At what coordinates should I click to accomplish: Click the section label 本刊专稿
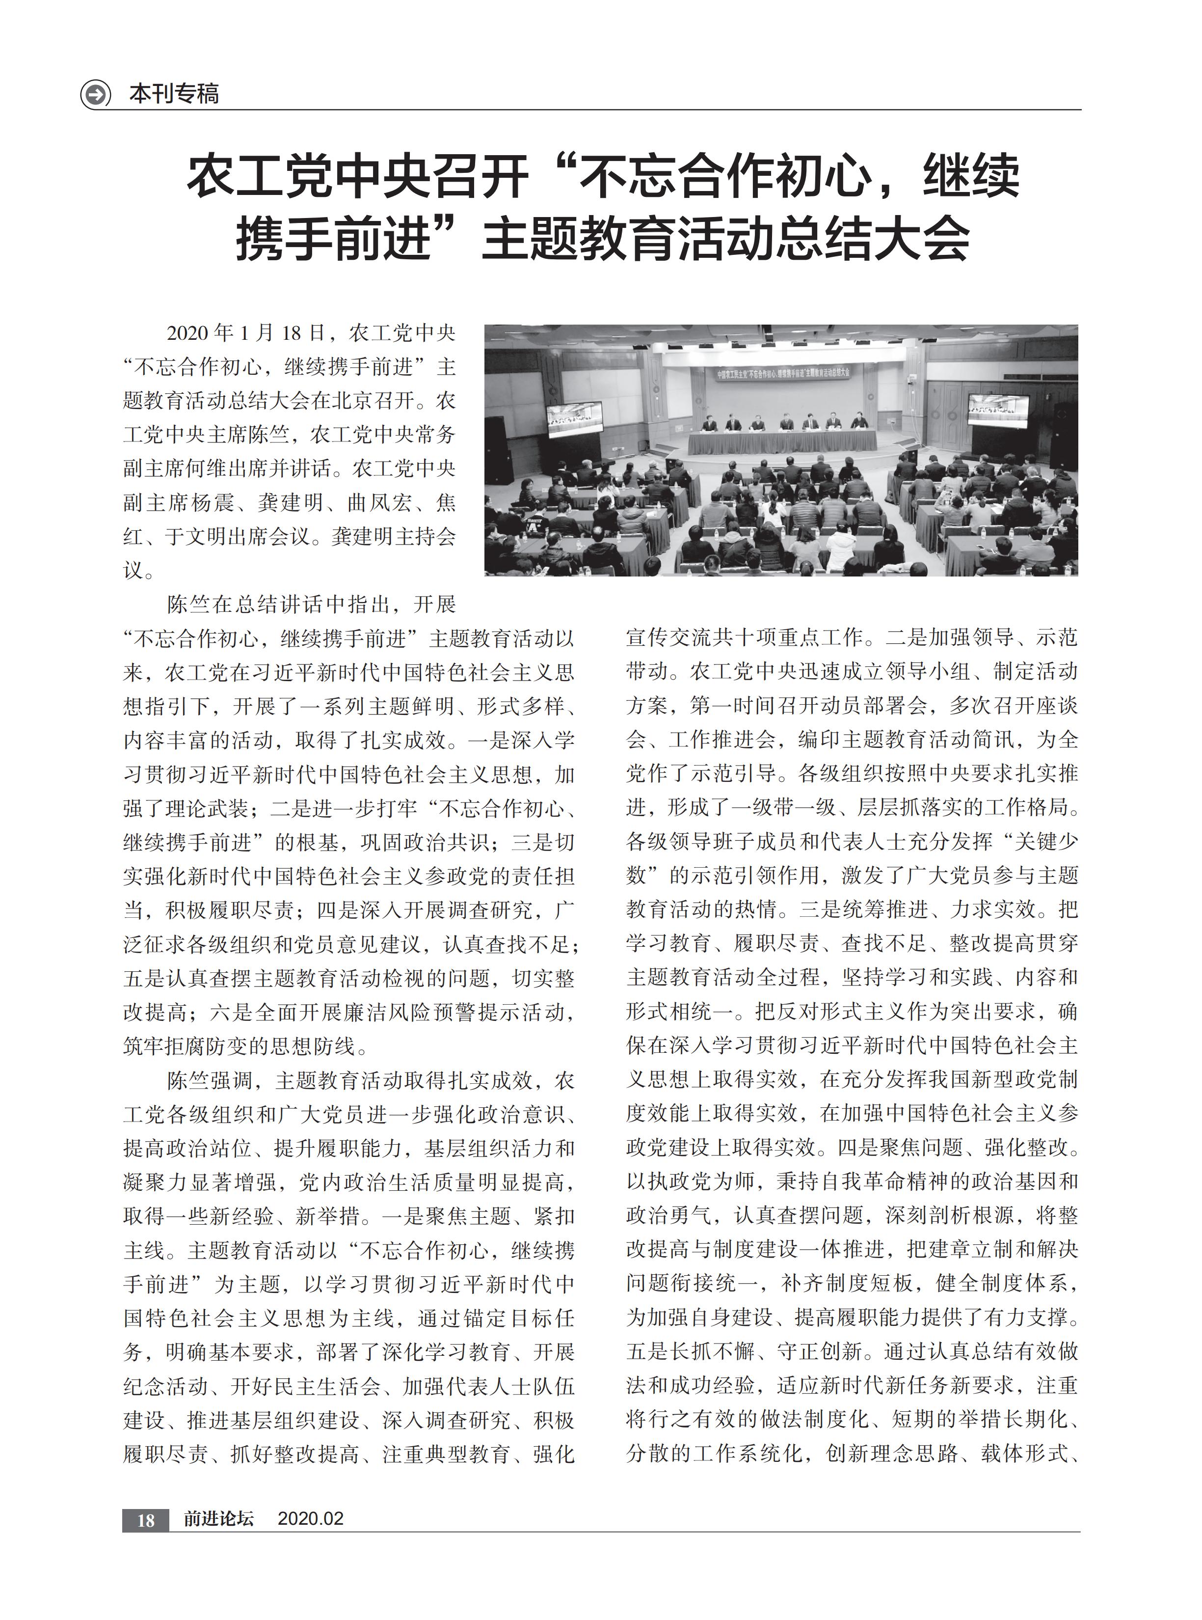point(174,94)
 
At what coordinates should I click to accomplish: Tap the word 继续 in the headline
point(971,177)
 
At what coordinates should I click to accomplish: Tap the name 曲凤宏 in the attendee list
point(373,503)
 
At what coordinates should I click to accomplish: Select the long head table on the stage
point(782,441)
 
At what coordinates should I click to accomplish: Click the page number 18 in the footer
point(145,1520)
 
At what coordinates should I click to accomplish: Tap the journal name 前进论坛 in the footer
point(218,1519)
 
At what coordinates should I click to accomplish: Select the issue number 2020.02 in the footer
point(311,1519)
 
